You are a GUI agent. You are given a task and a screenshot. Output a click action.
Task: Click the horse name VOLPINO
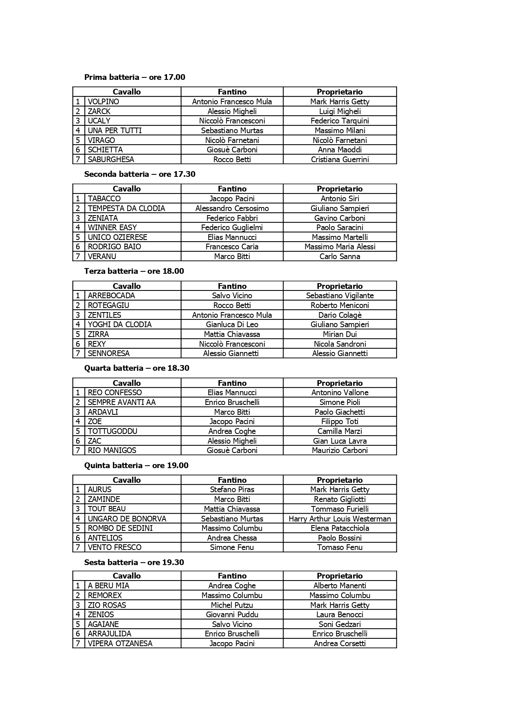pos(103,102)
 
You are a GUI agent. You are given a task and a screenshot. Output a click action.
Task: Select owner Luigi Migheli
pos(340,111)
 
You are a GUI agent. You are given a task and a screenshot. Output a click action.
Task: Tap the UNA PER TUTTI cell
pos(114,131)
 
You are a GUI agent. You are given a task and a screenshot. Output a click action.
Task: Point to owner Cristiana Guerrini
pos(340,160)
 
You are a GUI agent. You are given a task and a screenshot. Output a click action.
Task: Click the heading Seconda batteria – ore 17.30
pos(140,174)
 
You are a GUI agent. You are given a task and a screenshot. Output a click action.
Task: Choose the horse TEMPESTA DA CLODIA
pos(126,209)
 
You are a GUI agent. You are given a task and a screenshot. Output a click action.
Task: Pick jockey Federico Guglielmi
pos(232,228)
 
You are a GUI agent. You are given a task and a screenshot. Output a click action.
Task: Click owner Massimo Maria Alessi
pos(340,247)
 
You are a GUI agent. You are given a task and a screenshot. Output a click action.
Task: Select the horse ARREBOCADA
pos(111,296)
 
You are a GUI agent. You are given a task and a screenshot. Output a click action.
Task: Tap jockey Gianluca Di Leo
pos(232,325)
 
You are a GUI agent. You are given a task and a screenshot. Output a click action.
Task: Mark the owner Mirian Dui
pos(340,334)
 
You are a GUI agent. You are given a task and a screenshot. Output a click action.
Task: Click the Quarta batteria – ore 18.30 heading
pos(137,368)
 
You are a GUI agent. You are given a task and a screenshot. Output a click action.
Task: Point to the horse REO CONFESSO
pos(115,393)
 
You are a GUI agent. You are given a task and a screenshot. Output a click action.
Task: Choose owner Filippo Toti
pos(340,422)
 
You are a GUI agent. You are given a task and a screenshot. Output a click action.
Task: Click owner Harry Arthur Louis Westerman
pos(340,519)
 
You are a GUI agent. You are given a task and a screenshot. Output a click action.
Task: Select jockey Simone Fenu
pos(232,548)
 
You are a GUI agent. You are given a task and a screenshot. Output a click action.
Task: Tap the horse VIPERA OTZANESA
pos(120,644)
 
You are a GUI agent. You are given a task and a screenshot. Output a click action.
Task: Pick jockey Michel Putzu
pos(232,605)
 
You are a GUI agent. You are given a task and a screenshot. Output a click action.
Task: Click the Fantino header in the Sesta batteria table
pos(232,576)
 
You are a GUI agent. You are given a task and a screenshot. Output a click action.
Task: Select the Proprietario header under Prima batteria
pos(340,92)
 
